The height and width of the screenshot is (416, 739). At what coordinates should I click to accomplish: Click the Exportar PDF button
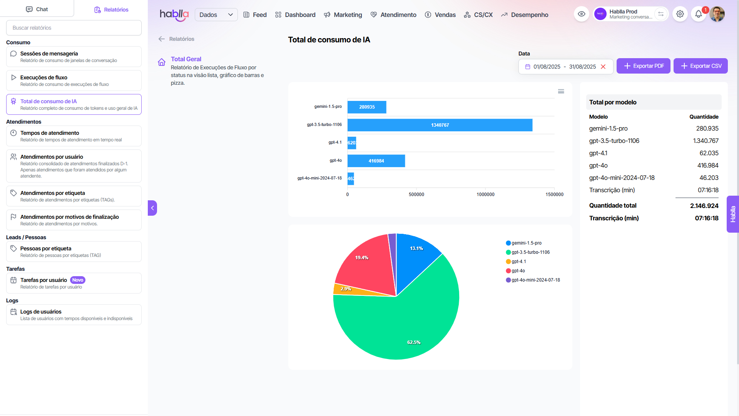pyautogui.click(x=643, y=66)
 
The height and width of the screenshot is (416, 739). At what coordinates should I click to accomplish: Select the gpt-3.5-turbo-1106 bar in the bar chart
pyautogui.click(x=440, y=125)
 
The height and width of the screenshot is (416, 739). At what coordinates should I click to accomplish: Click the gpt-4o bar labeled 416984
pyautogui.click(x=376, y=161)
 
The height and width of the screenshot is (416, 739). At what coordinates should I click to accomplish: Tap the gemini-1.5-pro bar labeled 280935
pyautogui.click(x=366, y=107)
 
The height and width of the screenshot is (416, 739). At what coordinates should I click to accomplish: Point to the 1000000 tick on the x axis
pyautogui.click(x=485, y=195)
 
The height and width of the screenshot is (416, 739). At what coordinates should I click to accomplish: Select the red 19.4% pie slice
pyautogui.click(x=366, y=266)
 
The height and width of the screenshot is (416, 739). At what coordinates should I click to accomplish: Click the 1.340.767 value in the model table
pyautogui.click(x=706, y=141)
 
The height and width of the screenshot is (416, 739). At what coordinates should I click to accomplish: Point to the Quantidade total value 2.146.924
pyautogui.click(x=704, y=206)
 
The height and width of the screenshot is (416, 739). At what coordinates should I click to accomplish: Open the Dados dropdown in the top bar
pyautogui.click(x=216, y=15)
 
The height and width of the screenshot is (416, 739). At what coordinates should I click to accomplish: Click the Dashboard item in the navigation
pyautogui.click(x=295, y=15)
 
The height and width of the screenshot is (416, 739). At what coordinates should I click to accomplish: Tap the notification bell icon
pyautogui.click(x=698, y=14)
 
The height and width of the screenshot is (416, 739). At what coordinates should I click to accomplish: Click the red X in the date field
pyautogui.click(x=603, y=67)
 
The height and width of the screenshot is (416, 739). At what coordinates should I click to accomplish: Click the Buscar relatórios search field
pyautogui.click(x=74, y=28)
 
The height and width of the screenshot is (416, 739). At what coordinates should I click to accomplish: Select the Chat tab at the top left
pyautogui.click(x=37, y=9)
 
